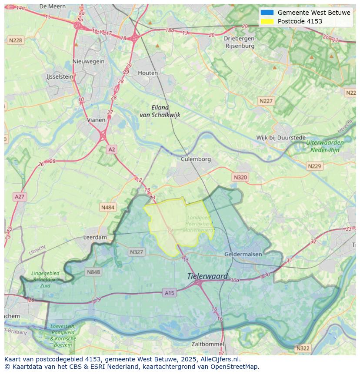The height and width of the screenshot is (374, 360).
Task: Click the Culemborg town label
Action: pyautogui.click(x=196, y=159)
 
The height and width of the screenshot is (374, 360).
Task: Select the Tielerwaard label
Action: pyautogui.click(x=207, y=276)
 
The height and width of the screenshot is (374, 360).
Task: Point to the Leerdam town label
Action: pyautogui.click(x=95, y=238)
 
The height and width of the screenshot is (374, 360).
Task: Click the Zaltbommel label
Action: pyautogui.click(x=208, y=344)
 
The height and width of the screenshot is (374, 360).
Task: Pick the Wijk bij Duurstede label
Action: pyautogui.click(x=281, y=138)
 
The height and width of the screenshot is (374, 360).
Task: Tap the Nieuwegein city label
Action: pyautogui.click(x=89, y=61)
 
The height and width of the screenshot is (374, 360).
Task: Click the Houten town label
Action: pyautogui.click(x=148, y=73)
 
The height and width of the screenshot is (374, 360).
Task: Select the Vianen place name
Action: pyautogui.click(x=96, y=120)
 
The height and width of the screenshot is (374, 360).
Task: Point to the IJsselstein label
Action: pyautogui.click(x=60, y=76)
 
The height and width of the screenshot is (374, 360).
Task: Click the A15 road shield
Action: pyautogui.click(x=170, y=293)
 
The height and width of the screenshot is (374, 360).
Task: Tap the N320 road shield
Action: pyautogui.click(x=240, y=177)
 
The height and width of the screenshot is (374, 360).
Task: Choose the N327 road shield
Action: pyautogui.click(x=136, y=252)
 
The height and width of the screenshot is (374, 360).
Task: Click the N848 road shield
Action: pyautogui.click(x=93, y=272)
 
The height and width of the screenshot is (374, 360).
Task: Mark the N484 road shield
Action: pyautogui.click(x=107, y=208)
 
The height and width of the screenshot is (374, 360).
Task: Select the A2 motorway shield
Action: pyautogui.click(x=112, y=149)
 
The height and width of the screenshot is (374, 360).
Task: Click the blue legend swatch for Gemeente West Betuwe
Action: pyautogui.click(x=267, y=13)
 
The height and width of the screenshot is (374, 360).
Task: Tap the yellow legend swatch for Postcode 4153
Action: pyautogui.click(x=267, y=21)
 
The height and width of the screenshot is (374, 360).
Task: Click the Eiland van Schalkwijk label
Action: pyautogui.click(x=160, y=111)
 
